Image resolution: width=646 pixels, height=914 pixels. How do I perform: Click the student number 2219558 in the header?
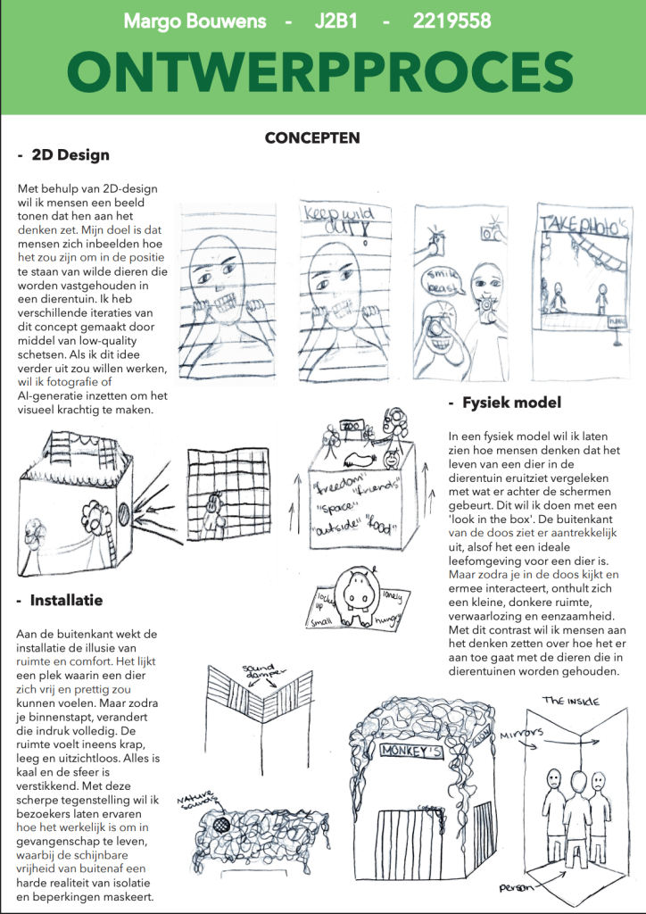click(x=451, y=20)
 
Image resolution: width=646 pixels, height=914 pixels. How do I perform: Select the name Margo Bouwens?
click(x=194, y=20)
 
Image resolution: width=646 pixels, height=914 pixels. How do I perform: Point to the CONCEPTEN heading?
click(x=312, y=138)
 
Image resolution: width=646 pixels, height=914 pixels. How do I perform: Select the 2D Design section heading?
click(x=70, y=154)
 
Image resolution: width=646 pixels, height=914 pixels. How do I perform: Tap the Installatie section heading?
click(x=66, y=600)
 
